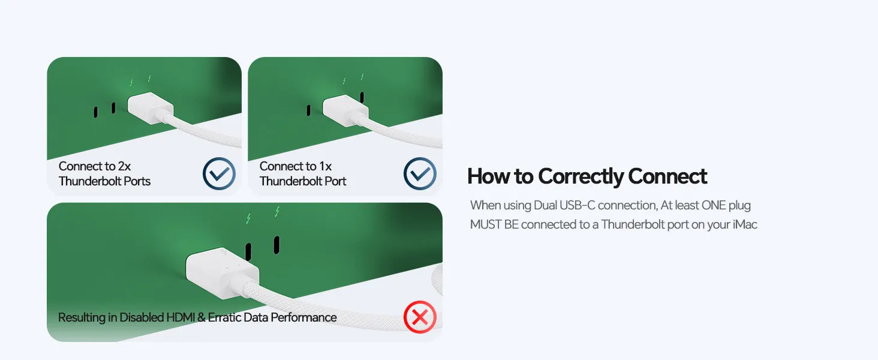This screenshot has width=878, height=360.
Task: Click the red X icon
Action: (x=420, y=317)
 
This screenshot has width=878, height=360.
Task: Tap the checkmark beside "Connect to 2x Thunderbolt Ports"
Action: (x=219, y=173)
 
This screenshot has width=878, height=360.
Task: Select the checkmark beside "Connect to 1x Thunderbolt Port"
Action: (x=420, y=173)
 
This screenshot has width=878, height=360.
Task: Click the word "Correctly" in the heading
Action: (x=581, y=176)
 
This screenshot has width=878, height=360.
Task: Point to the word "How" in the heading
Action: (x=488, y=176)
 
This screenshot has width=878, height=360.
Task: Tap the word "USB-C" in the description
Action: (x=577, y=205)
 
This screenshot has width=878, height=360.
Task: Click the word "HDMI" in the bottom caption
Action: (x=181, y=317)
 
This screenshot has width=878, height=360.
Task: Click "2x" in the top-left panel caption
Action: (x=124, y=166)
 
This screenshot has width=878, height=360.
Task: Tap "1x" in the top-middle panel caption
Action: (x=325, y=166)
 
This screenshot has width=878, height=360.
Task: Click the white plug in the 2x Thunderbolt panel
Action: (x=151, y=107)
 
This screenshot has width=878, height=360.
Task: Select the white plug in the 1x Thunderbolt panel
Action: (x=345, y=110)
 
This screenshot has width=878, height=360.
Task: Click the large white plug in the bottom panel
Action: (x=222, y=272)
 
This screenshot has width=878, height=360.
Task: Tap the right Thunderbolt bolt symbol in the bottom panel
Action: (x=277, y=211)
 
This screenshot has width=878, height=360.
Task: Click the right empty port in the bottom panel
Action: (x=276, y=245)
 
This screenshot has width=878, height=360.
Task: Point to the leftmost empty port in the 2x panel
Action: (x=95, y=112)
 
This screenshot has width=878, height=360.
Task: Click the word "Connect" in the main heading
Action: (x=667, y=176)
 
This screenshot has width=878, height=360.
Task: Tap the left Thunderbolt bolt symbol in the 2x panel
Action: (x=131, y=83)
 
